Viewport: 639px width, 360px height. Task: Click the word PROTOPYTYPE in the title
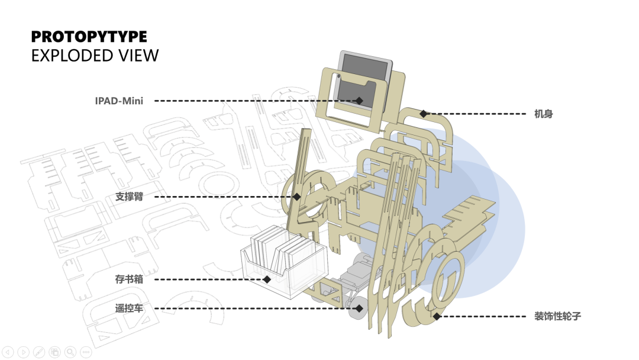point(89,37)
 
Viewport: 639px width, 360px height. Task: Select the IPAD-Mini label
point(119,101)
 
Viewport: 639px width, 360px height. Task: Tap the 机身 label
point(543,114)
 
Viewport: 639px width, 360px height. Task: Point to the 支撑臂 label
point(129,197)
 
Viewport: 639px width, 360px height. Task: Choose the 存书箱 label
point(129,279)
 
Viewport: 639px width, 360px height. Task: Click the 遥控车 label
point(129,308)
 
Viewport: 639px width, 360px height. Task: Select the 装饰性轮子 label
point(557,316)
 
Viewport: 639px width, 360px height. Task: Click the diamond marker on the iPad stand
point(359,101)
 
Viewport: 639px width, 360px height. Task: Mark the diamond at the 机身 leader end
point(424,113)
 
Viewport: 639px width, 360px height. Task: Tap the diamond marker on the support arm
point(297,197)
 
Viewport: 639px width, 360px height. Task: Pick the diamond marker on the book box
point(267,279)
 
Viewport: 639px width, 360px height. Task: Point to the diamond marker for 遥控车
point(359,308)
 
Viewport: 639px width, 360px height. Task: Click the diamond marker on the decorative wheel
point(437,316)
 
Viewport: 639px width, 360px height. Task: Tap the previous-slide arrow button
point(8,352)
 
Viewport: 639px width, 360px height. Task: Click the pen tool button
point(39,352)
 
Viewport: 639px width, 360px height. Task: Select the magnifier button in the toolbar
point(70,352)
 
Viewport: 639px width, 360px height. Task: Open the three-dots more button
point(85,352)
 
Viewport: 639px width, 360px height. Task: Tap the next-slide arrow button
point(24,352)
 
